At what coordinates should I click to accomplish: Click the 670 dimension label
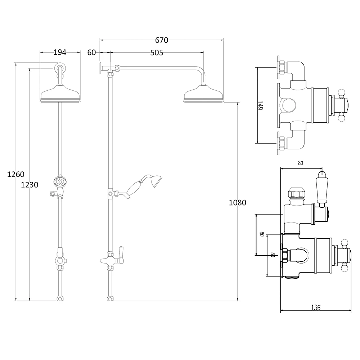coord(162,40)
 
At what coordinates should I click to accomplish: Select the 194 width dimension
coord(60,52)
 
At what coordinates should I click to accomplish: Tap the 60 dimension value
coord(91,53)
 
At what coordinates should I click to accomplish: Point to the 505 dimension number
coord(157,53)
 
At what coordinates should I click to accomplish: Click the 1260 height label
coord(15,175)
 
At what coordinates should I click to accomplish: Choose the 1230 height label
coord(30,185)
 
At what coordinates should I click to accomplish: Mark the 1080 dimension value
coord(237,202)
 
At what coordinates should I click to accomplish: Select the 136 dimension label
coord(316,307)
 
